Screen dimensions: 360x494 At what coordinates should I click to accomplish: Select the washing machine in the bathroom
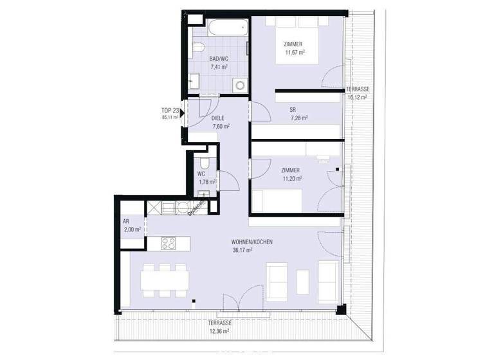(x=239, y=84)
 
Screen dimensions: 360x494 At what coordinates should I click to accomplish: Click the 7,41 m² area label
(x=220, y=66)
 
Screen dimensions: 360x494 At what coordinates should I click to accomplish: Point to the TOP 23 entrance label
(x=170, y=111)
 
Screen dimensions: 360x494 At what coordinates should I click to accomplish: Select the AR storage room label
(x=126, y=221)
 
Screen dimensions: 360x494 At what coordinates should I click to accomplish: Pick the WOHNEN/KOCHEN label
(x=252, y=242)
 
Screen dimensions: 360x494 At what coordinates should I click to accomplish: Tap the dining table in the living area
(x=165, y=280)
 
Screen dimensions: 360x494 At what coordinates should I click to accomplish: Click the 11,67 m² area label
(x=294, y=53)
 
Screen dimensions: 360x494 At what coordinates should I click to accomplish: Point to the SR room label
(x=294, y=109)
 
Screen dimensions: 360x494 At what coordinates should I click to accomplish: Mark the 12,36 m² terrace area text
(x=219, y=331)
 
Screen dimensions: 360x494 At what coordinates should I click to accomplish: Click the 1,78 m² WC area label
(x=206, y=182)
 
